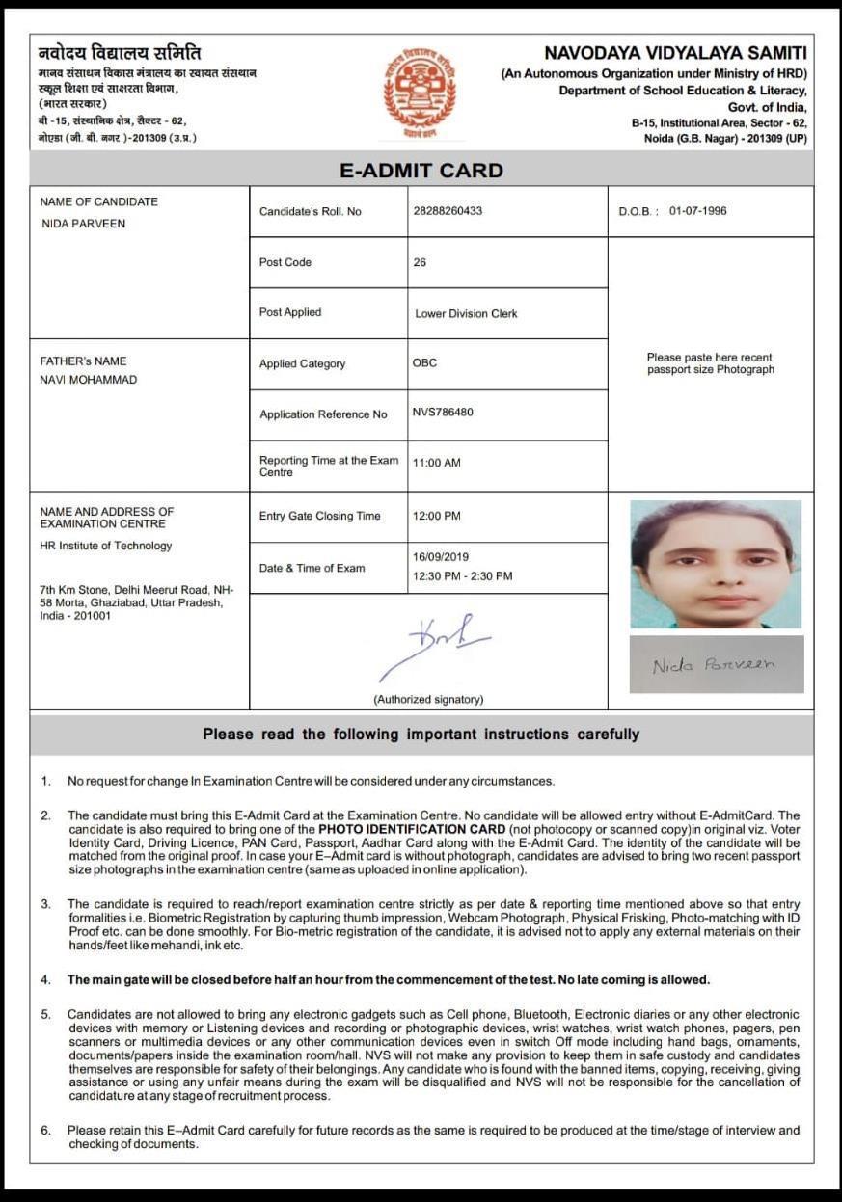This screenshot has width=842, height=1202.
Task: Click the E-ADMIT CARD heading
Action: point(421,171)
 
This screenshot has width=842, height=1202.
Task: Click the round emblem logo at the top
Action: point(421,92)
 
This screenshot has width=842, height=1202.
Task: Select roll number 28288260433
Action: point(448,211)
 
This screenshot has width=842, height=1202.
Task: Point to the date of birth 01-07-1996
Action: point(697,211)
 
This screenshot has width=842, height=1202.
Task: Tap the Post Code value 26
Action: point(420,262)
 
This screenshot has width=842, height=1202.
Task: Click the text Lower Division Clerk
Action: point(466,313)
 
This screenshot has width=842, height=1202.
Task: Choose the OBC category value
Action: point(424,363)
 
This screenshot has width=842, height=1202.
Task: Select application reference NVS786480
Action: point(443,413)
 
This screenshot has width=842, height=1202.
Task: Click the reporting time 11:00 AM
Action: point(437,463)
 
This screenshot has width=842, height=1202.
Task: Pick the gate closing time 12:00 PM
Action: point(437,516)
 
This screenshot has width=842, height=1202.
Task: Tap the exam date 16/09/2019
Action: point(440,557)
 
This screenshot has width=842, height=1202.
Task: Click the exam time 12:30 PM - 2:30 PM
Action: point(463,576)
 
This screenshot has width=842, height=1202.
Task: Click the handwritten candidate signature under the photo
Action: point(715,665)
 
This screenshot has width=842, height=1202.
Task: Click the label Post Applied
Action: point(290,312)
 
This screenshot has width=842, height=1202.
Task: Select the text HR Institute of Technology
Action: point(106,546)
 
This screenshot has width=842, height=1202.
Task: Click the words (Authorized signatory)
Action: point(428,699)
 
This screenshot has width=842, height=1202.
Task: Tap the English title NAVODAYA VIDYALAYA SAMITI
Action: point(675,54)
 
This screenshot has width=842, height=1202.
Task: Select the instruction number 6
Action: point(45,1130)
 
